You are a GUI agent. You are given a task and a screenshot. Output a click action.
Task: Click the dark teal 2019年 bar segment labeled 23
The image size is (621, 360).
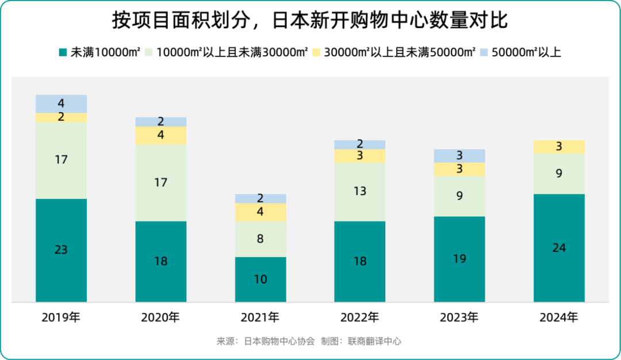pos(61,250)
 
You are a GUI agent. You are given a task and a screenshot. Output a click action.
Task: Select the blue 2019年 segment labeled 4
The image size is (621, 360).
pos(61,104)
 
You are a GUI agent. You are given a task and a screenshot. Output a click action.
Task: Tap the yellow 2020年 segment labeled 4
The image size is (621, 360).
pos(161,135)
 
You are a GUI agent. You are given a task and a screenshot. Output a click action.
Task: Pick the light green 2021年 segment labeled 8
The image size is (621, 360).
pos(260,239)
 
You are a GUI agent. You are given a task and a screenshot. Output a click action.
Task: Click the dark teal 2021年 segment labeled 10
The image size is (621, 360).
pos(260,279)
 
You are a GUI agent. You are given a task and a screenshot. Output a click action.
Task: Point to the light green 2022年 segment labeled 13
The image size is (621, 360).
pos(360,192)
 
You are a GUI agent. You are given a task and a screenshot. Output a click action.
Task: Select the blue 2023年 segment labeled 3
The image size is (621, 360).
pos(459,155)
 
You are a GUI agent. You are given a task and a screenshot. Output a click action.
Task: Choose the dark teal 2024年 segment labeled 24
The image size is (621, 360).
pos(559,248)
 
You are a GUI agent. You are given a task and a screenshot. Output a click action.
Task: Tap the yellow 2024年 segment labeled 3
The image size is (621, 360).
pos(559,147)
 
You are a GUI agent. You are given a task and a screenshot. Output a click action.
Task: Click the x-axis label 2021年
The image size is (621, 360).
pos(260,317)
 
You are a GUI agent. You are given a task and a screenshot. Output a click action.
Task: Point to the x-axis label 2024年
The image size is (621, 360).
pos(559,317)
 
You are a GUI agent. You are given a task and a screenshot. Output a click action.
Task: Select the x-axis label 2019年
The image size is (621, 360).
pos(61,317)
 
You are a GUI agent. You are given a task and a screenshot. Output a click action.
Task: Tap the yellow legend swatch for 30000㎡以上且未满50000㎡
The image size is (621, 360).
pos(316,52)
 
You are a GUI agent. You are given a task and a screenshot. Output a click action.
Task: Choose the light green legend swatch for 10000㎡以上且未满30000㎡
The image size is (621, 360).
pos(148,52)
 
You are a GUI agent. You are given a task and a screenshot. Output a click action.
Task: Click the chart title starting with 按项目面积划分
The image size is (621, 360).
pos(310,21)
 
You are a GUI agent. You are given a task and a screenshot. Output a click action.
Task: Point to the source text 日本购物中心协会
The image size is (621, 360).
pos(279,341)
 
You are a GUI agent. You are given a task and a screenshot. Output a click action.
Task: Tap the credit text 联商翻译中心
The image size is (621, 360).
pos(374,341)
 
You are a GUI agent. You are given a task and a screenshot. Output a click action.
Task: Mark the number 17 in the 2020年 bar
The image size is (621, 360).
pos(161,182)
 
